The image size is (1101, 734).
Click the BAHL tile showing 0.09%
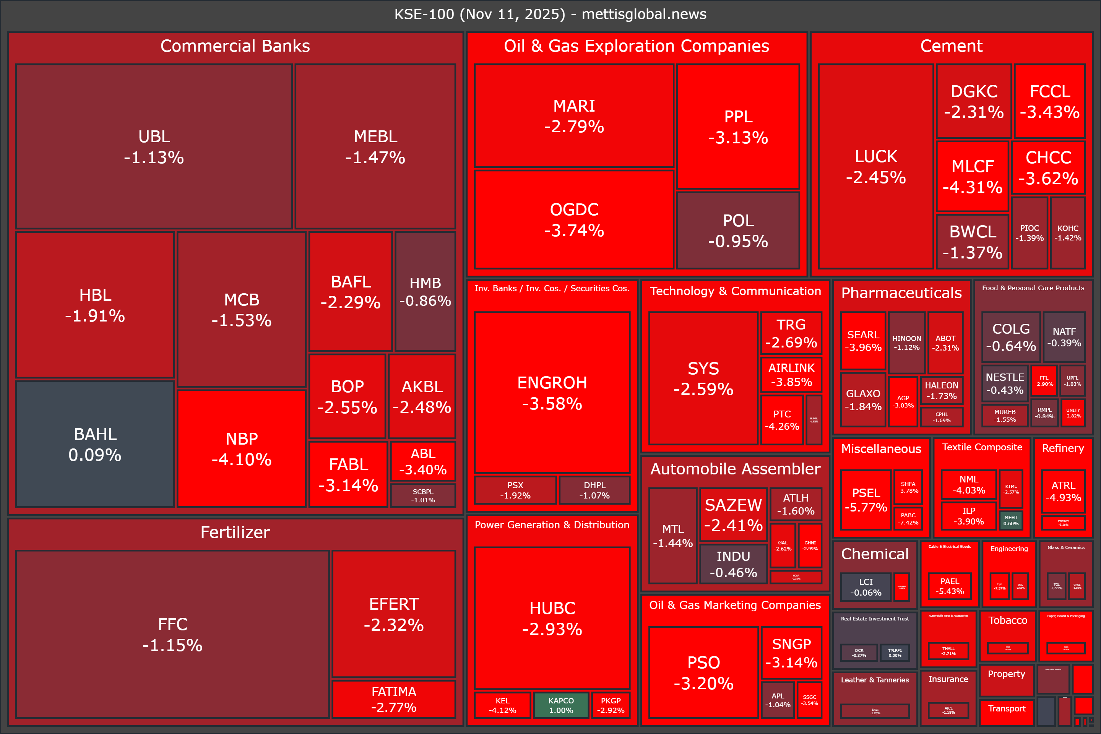[x=95, y=444]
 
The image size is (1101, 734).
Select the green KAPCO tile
[x=561, y=705]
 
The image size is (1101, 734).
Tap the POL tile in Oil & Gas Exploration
[x=738, y=230]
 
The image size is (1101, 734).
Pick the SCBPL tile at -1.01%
[x=423, y=495]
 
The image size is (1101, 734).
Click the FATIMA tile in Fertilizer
[x=394, y=699]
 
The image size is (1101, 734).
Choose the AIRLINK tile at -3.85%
[x=791, y=375]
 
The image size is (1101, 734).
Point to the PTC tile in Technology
[x=782, y=420]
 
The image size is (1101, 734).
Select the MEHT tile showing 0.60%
[x=1011, y=520]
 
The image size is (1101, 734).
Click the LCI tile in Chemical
[x=866, y=586]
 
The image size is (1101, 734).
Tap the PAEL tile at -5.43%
[x=949, y=586]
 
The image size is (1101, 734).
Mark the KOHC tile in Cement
[x=1068, y=233]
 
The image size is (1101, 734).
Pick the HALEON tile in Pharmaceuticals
[x=941, y=390]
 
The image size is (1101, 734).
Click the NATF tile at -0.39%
[x=1064, y=337]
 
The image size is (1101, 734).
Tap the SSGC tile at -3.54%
[x=809, y=700]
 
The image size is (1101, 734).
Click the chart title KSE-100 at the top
[x=550, y=14]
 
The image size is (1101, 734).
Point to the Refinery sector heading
[x=1063, y=448]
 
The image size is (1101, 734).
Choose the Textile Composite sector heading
[x=982, y=447]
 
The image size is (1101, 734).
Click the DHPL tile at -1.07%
[x=594, y=490]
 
